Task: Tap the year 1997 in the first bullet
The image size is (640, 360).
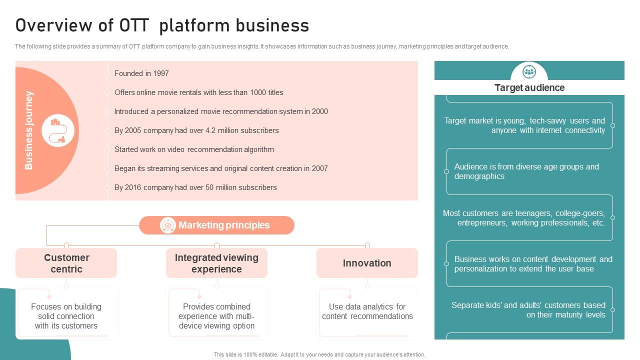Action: point(161,73)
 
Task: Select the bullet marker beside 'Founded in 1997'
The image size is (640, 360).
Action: point(107,73)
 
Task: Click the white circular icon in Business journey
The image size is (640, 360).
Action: point(58,130)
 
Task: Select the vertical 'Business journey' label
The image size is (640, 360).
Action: point(29,130)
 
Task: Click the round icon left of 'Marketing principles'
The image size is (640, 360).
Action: point(167,225)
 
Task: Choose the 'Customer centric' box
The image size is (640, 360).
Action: point(66,263)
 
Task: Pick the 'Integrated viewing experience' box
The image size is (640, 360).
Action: point(216,263)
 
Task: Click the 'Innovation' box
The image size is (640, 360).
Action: point(367,263)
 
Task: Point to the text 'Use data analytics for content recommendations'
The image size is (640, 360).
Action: point(367,311)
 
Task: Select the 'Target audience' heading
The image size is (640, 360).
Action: point(529,88)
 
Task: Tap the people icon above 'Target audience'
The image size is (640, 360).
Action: point(529,72)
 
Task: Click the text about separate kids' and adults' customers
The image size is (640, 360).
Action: point(528,310)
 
